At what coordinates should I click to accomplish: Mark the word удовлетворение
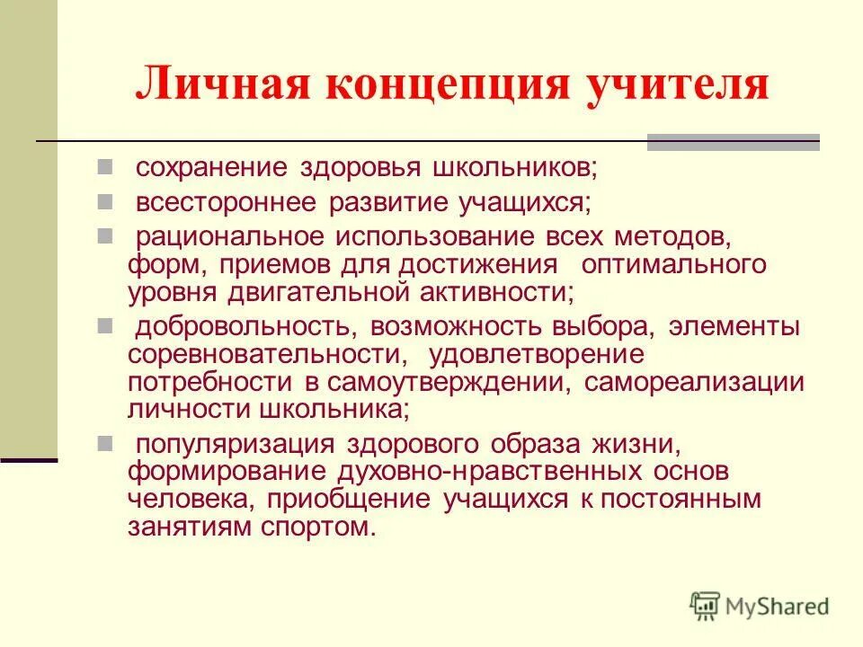537,354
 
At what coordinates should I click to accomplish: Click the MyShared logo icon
705,607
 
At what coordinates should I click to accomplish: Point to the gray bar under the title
734,141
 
